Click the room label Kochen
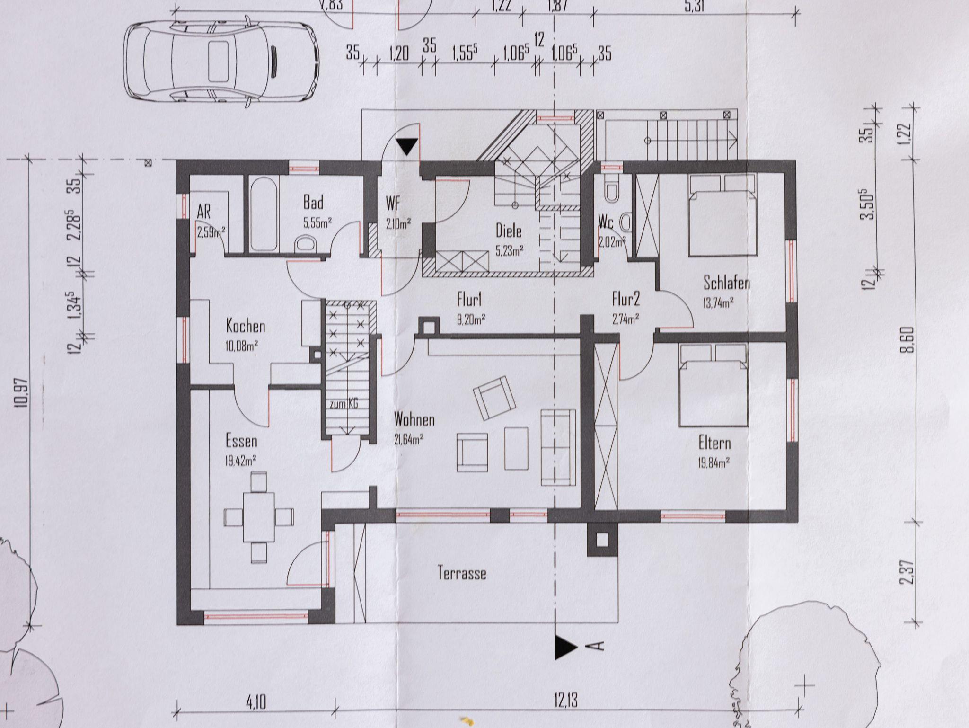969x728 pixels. [x=246, y=326]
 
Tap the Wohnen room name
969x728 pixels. [x=414, y=419]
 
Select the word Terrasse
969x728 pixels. [x=462, y=573]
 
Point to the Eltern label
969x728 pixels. [x=714, y=444]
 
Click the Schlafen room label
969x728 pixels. [x=726, y=283]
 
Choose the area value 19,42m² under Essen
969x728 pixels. [x=241, y=460]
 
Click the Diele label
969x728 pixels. [x=509, y=231]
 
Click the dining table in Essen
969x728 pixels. [x=258, y=516]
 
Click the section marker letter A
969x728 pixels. [x=598, y=647]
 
